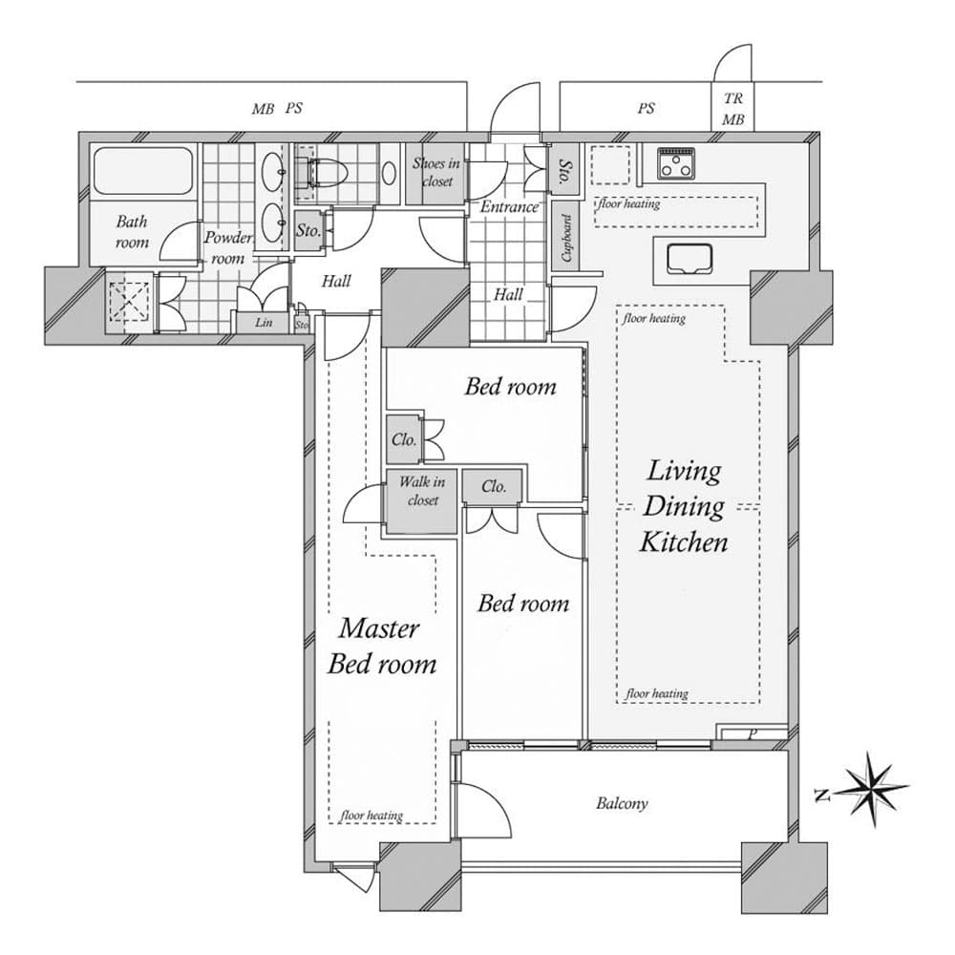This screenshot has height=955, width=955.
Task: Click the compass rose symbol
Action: click(873, 789)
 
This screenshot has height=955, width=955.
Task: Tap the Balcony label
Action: click(622, 803)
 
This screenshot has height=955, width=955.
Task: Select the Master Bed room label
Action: click(380, 646)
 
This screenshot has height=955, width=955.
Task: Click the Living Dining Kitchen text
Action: click(684, 506)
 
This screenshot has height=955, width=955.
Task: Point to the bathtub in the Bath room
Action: click(143, 173)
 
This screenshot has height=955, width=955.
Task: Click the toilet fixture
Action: click(324, 173)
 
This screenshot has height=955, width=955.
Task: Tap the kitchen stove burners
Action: click(677, 163)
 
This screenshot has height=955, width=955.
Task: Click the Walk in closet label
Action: click(421, 491)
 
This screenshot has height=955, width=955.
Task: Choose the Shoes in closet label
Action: click(436, 172)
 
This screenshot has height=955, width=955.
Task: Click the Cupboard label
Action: click(566, 237)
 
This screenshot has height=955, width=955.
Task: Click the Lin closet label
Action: click(265, 323)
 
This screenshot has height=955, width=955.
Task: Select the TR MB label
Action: click(733, 110)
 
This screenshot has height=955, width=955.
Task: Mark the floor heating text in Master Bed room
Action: click(371, 816)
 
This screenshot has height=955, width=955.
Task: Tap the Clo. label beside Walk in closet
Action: click(493, 486)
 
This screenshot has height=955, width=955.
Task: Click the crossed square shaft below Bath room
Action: click(128, 304)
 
